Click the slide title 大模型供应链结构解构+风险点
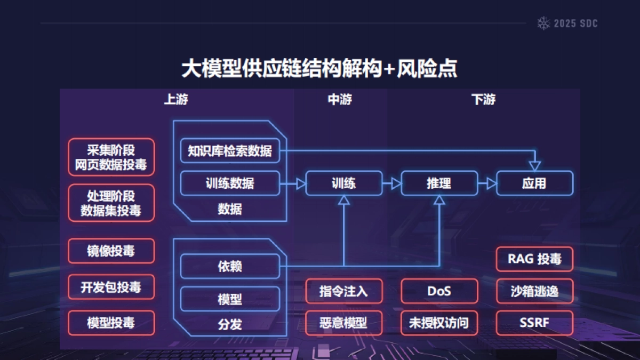tap(319, 69)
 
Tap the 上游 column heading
tap(175, 100)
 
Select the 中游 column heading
tap(340, 100)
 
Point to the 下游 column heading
tap(483, 100)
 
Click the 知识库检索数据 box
tap(230, 151)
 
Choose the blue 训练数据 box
tap(230, 183)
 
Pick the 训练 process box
tap(343, 183)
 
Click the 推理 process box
tap(439, 183)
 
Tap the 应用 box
tap(534, 183)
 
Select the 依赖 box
tap(230, 266)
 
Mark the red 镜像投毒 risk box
tap(111, 251)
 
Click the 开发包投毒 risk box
tap(111, 287)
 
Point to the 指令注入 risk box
tap(343, 291)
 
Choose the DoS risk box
tap(439, 291)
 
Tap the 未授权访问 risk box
tap(439, 323)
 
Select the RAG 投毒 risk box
tap(534, 259)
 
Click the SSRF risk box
tap(534, 323)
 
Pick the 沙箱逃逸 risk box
tap(534, 291)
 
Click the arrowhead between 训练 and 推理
tap(396, 183)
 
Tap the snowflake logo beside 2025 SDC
tap(543, 23)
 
